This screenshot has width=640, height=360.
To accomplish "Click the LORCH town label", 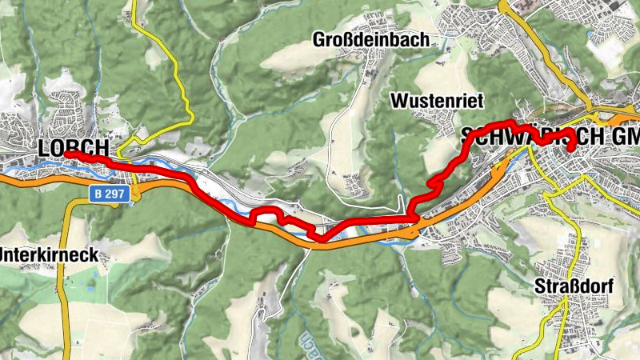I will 73,149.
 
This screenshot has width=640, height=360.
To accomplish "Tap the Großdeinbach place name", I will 370,39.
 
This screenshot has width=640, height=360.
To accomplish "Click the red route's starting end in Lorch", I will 68,154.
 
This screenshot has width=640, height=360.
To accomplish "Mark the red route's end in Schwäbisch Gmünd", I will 572,147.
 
